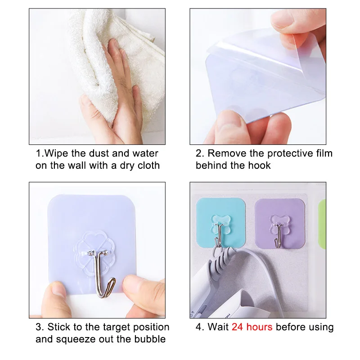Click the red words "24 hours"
click(252, 327)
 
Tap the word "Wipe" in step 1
click(56, 153)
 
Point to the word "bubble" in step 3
click(150, 339)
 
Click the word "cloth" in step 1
click(148, 165)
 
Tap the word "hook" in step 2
click(261, 165)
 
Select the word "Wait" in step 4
click(218, 327)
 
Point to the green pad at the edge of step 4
click(322, 224)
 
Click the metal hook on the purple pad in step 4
click(278, 237)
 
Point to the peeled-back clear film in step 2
click(266, 48)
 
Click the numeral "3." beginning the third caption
click(40, 327)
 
